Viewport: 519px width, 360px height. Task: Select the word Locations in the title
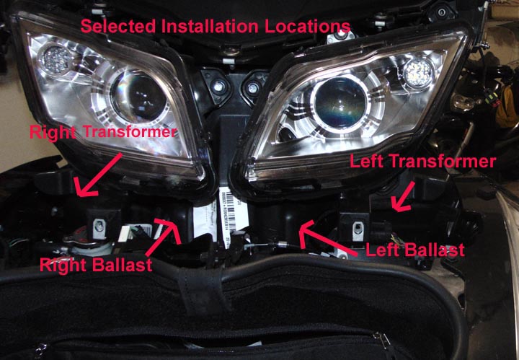312,27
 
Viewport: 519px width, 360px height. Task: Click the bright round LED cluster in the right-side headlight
417,71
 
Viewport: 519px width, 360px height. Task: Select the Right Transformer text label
102,132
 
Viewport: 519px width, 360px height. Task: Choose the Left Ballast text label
415,251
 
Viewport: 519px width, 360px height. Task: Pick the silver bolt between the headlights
216,86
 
